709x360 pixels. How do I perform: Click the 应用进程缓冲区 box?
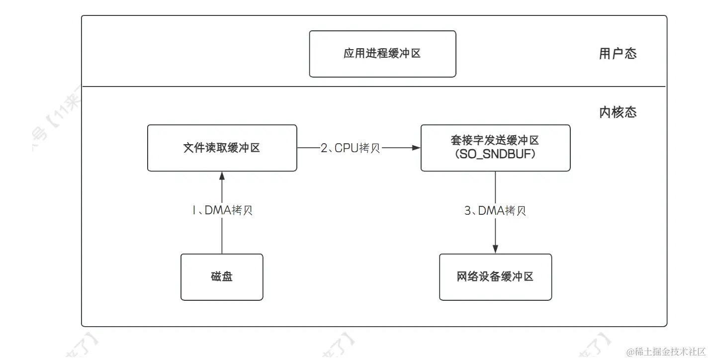coord(382,54)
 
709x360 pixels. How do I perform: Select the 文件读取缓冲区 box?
coord(222,148)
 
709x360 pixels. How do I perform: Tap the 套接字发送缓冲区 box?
coord(495,148)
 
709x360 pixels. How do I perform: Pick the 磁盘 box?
coord(221,277)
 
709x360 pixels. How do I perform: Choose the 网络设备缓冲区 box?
coord(495,277)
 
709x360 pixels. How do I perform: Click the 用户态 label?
coord(618,54)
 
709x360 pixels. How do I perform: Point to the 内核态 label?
coord(618,112)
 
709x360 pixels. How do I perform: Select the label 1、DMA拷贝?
coord(222,211)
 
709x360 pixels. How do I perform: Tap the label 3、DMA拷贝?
coord(495,211)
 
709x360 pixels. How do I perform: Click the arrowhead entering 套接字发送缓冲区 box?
coord(417,148)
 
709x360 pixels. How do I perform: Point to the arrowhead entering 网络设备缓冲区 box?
coord(495,250)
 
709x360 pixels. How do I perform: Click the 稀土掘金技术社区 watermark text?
coord(666,352)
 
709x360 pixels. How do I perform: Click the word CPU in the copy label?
coord(346,148)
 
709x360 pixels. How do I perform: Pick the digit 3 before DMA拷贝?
coord(467,211)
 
